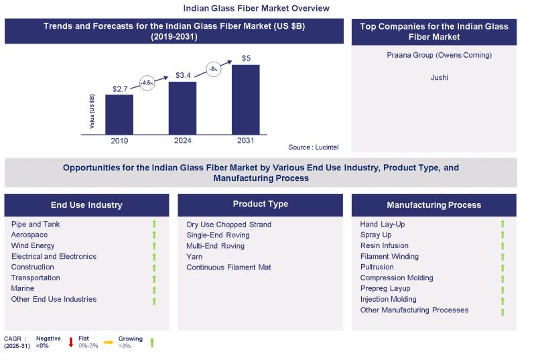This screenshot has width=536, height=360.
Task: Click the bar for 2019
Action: tap(119, 115)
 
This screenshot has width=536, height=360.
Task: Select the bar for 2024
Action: tap(182, 108)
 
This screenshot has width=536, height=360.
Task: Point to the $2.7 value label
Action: tap(121, 88)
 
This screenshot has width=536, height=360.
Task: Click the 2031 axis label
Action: tap(245, 141)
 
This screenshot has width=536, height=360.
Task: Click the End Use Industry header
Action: tap(86, 205)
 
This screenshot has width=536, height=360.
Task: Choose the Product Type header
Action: tap(260, 204)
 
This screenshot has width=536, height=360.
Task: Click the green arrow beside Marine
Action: tap(153, 290)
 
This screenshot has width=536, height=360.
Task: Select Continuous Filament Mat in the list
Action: tap(229, 267)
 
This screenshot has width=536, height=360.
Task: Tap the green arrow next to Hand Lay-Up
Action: tap(503, 225)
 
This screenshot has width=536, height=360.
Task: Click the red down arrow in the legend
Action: tap(72, 343)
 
